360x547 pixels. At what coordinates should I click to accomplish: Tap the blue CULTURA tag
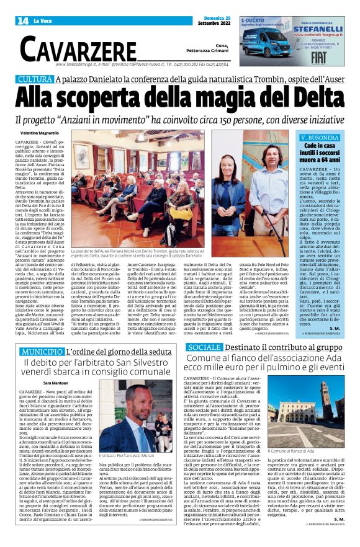35,79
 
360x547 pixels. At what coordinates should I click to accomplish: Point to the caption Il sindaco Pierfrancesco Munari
125,473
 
